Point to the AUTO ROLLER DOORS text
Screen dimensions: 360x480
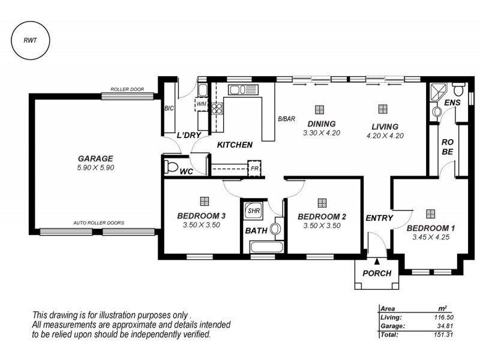(99, 223)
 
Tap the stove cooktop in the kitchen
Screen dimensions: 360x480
(217, 109)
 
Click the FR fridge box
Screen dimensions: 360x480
(255, 169)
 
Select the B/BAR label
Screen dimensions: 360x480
(286, 119)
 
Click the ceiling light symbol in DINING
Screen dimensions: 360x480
(319, 109)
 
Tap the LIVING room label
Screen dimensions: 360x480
(385, 127)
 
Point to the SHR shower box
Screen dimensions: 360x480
(253, 211)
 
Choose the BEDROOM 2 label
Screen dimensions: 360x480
(322, 217)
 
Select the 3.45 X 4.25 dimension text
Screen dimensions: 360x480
(430, 238)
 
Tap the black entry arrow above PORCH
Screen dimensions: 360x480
(377, 261)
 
